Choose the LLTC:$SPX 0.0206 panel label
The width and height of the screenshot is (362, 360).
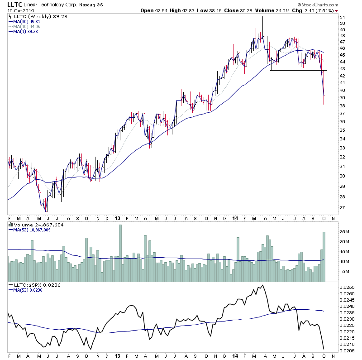click(34, 285)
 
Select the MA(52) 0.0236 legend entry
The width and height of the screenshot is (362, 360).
click(29, 290)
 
